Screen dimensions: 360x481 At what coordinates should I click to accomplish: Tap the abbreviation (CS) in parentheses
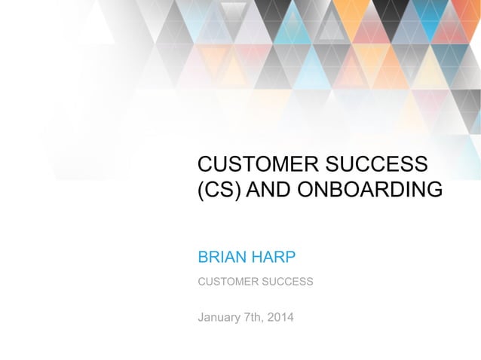[219, 190]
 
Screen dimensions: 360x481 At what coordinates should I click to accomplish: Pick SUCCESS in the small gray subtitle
[287, 282]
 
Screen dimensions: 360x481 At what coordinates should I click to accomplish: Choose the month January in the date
[219, 317]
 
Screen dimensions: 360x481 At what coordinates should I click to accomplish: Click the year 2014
[281, 317]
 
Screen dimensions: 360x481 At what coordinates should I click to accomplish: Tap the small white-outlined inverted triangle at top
[234, 9]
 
